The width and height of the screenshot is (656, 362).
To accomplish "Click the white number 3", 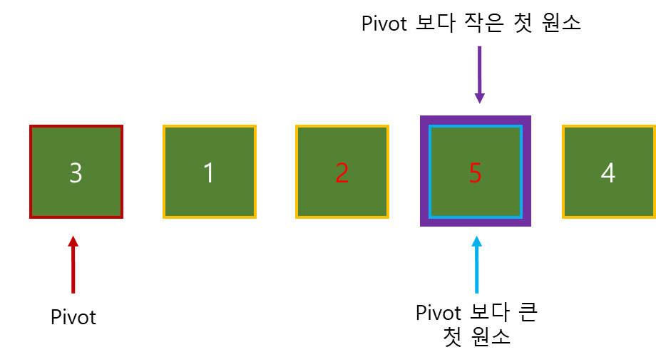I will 76,173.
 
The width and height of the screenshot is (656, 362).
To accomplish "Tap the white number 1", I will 209,173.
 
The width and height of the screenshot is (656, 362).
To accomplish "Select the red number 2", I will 342,173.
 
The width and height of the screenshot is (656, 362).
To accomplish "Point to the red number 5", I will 476,173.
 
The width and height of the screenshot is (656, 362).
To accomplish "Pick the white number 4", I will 608,173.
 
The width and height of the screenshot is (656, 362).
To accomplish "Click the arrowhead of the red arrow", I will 73,241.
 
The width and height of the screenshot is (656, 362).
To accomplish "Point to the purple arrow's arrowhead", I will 480,98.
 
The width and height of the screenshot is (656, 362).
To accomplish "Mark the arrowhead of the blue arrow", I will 477,241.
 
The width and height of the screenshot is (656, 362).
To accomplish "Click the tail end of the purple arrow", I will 480,48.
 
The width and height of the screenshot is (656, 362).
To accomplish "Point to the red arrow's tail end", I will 73,291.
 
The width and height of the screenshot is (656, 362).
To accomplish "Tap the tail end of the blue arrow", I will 477,291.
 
